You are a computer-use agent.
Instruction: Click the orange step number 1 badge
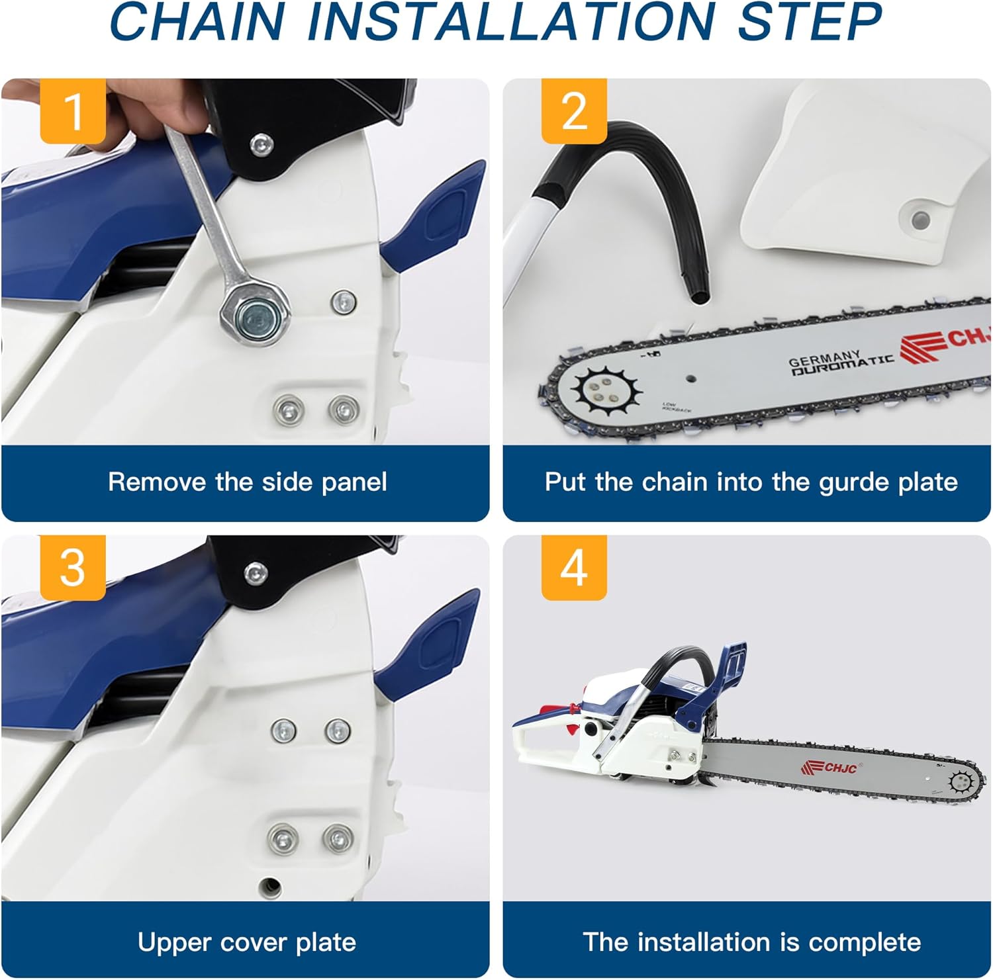tap(73, 111)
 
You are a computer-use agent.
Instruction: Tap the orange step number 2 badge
tap(574, 111)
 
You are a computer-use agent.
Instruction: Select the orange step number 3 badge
tap(73, 567)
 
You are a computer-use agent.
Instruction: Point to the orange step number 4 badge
tap(574, 567)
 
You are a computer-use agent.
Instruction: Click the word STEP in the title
tap(809, 21)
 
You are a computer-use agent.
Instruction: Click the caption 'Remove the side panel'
tap(247, 482)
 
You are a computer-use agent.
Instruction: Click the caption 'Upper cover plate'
tap(247, 942)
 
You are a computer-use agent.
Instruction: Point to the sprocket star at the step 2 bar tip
tap(606, 391)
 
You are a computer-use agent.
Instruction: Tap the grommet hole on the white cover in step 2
tap(918, 218)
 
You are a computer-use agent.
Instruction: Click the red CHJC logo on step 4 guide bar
tap(830, 768)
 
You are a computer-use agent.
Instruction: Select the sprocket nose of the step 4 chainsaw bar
tap(961, 781)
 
